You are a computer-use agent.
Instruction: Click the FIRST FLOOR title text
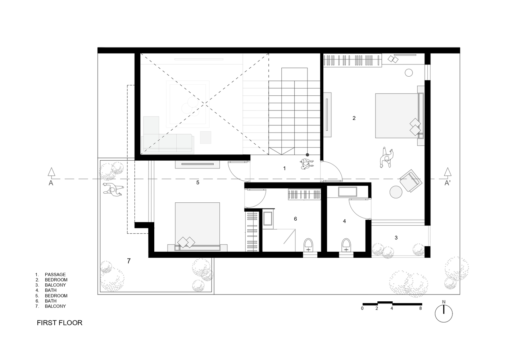(x=60, y=323)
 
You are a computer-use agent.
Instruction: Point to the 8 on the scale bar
(x=421, y=309)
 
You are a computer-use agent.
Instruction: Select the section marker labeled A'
(x=447, y=179)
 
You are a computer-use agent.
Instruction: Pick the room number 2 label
(x=354, y=118)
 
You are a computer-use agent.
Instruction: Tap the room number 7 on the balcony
(x=129, y=261)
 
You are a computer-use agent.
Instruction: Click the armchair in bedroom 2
(x=411, y=181)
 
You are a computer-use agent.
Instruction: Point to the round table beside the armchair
(x=396, y=192)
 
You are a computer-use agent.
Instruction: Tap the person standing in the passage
(x=307, y=164)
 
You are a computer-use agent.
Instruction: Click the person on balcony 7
(x=113, y=189)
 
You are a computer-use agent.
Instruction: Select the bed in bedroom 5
(x=197, y=227)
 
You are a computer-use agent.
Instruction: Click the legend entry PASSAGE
(x=55, y=274)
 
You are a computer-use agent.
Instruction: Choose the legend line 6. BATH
(x=46, y=301)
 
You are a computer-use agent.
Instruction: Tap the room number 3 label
(x=396, y=238)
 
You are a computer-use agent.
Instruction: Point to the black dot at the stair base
(x=307, y=155)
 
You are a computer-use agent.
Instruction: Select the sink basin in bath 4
(x=347, y=192)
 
